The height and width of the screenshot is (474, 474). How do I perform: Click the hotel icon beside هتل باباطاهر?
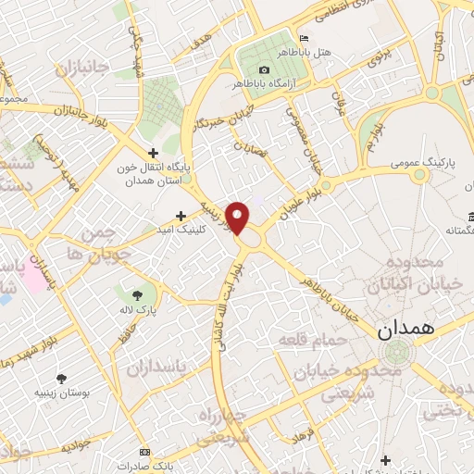[x=303, y=38]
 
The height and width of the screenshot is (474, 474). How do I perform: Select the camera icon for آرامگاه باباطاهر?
[x=265, y=70]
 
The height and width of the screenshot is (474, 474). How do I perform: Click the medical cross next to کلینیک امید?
[x=192, y=215]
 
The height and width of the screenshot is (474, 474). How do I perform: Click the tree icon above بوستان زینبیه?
[x=62, y=379]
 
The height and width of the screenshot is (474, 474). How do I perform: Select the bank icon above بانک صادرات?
[x=143, y=451]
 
